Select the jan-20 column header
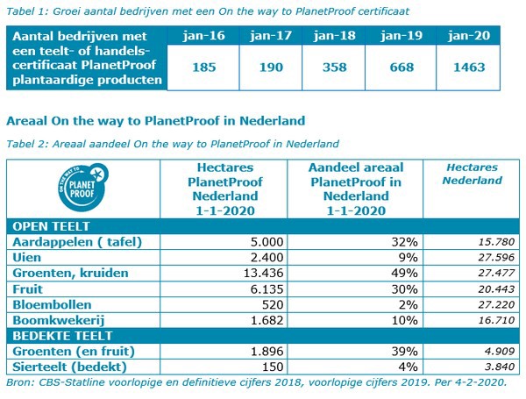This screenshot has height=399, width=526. (466, 39)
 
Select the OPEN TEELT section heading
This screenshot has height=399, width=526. (46, 224)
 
